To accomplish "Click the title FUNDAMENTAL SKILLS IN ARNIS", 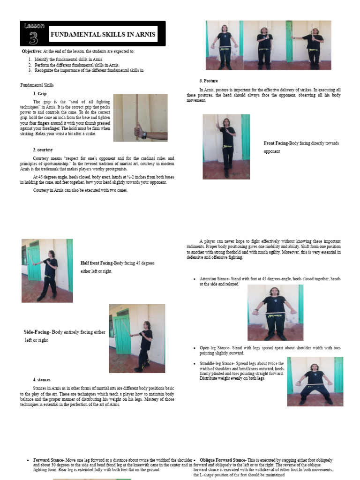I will pyautogui.click(x=103, y=35).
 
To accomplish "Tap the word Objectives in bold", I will pyautogui.click(x=32, y=51).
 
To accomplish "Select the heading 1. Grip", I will pyautogui.click(x=40, y=94).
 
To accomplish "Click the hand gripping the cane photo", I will pyautogui.click(x=140, y=117).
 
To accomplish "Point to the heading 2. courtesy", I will pyautogui.click(x=43, y=150).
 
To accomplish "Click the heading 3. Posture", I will pyautogui.click(x=209, y=81).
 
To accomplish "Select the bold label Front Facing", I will pyautogui.click(x=276, y=143).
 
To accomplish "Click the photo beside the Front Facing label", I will pyautogui.click(x=226, y=146).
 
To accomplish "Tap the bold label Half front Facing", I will pyautogui.click(x=97, y=263).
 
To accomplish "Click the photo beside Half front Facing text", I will pyautogui.click(x=47, y=270).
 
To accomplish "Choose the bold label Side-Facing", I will pyautogui.click(x=37, y=332).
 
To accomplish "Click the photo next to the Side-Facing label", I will pyautogui.click(x=137, y=338).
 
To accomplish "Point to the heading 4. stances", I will pyautogui.click(x=42, y=379).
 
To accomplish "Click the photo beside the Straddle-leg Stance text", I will pyautogui.click(x=315, y=381).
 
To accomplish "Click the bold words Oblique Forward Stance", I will pyautogui.click(x=222, y=460).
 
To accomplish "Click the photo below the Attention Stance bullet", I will pyautogui.click(x=275, y=312).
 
